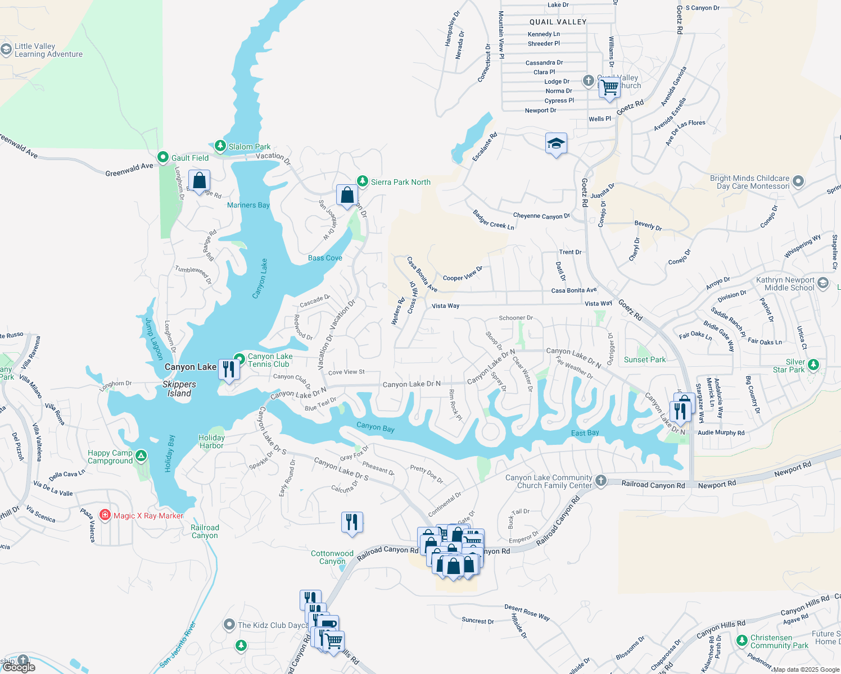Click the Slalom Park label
(249, 147)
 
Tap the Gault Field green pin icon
(163, 157)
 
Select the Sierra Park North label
(400, 182)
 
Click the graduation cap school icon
(556, 144)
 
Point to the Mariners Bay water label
(248, 205)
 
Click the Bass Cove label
(325, 258)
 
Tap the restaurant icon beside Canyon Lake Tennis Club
(229, 369)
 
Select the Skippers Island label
(179, 389)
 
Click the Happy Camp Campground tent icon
(141, 456)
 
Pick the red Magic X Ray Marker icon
(105, 514)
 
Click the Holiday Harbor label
(211, 441)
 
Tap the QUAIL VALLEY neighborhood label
(558, 22)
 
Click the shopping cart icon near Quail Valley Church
(609, 88)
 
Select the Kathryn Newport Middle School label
(785, 284)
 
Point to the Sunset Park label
(644, 359)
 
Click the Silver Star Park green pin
(813, 365)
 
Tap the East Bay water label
(585, 432)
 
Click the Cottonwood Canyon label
(332, 557)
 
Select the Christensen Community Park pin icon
(741, 640)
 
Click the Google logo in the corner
(19, 667)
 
